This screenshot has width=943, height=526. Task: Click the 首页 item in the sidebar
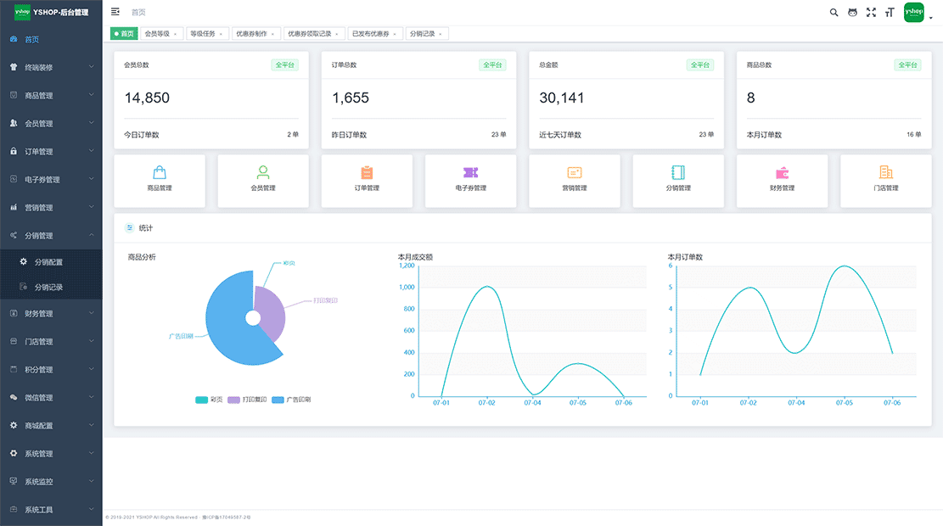(31, 39)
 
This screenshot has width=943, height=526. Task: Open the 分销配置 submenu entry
(48, 262)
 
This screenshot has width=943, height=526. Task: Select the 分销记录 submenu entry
(48, 287)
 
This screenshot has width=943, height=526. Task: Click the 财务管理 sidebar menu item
(39, 314)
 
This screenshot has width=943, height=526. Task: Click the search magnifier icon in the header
(834, 13)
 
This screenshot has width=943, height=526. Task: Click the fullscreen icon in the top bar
(871, 13)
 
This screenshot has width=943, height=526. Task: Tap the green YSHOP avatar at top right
(913, 13)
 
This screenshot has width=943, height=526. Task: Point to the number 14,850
(147, 98)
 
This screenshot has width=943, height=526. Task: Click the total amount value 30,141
(562, 98)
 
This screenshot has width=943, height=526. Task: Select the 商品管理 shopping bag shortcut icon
(160, 172)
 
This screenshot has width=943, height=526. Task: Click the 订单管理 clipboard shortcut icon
(367, 172)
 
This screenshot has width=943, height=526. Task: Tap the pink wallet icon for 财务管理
(782, 172)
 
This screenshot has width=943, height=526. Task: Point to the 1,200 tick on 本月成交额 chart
(407, 266)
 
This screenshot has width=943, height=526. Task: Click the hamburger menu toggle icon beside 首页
(115, 12)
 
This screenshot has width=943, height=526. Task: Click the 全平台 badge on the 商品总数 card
(907, 64)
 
